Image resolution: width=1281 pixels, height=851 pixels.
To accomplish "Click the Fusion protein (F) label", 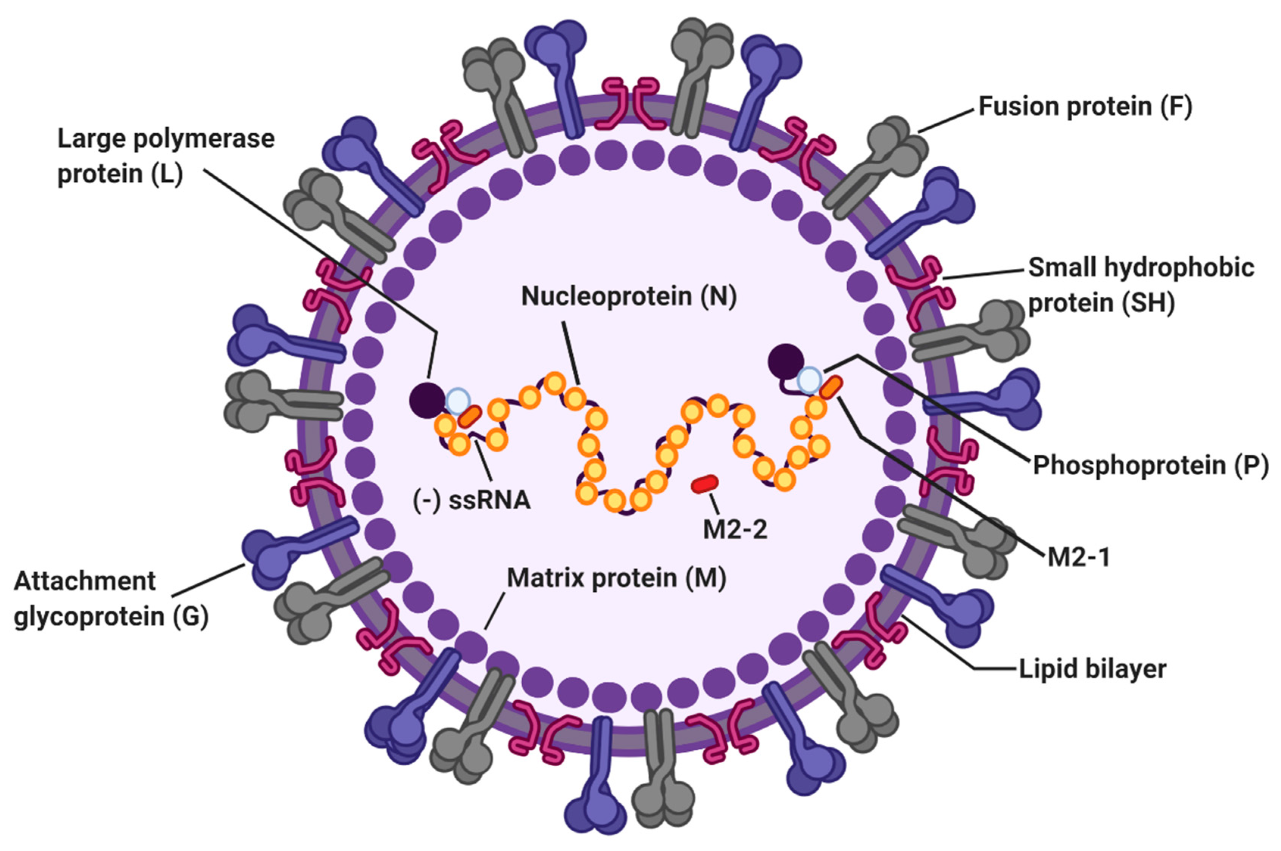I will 1085,107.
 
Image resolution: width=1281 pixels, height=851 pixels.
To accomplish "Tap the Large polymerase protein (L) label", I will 166,156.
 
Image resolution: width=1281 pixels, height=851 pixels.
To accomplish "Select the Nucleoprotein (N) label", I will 629,296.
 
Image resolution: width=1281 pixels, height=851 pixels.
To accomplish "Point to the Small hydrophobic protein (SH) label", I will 1140,285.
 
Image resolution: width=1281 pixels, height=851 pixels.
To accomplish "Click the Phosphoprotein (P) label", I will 1150,465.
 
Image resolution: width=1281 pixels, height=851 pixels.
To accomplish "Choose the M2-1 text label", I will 1078,557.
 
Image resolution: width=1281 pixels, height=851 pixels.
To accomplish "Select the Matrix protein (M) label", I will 616,578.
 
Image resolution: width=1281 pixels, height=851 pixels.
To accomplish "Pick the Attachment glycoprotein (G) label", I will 111,599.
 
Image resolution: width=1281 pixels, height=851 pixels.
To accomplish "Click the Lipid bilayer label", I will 1092,669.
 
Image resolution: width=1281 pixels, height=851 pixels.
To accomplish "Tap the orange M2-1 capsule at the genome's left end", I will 470,417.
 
